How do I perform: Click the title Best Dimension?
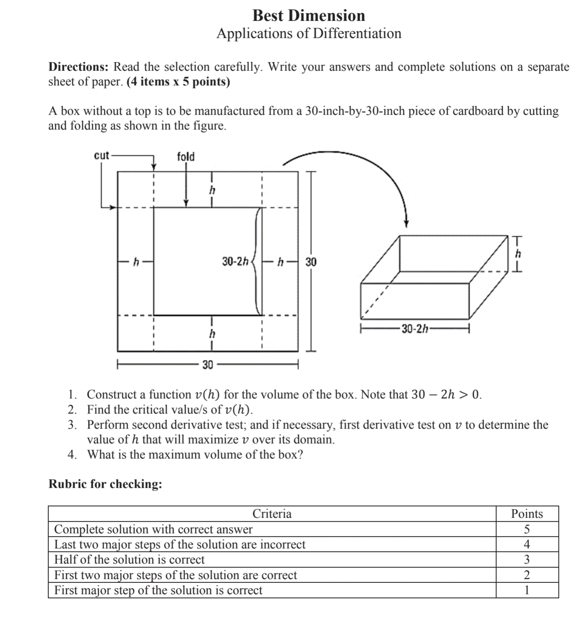tap(309, 16)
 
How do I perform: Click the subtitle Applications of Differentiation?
tap(309, 33)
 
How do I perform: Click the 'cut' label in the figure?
tap(102, 156)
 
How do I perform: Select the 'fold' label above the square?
tap(186, 157)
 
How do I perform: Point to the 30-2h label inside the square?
tap(235, 261)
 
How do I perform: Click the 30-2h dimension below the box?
tap(414, 329)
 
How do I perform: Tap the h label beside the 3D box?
tap(518, 254)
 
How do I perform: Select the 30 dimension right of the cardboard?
tap(311, 262)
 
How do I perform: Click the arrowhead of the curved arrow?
tap(406, 223)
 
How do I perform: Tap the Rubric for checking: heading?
tap(105, 484)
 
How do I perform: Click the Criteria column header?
tap(272, 513)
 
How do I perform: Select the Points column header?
tap(527, 513)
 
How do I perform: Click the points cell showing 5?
tap(527, 529)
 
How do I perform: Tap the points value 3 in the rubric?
tap(527, 560)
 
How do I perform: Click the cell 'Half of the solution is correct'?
tap(129, 560)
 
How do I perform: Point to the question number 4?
tap(72, 455)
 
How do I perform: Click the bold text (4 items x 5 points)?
tap(178, 82)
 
